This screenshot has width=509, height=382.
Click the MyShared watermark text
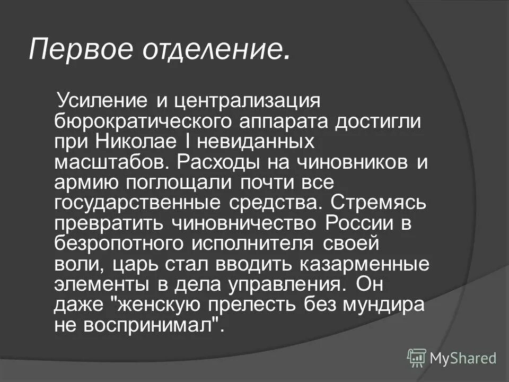click(463, 358)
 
